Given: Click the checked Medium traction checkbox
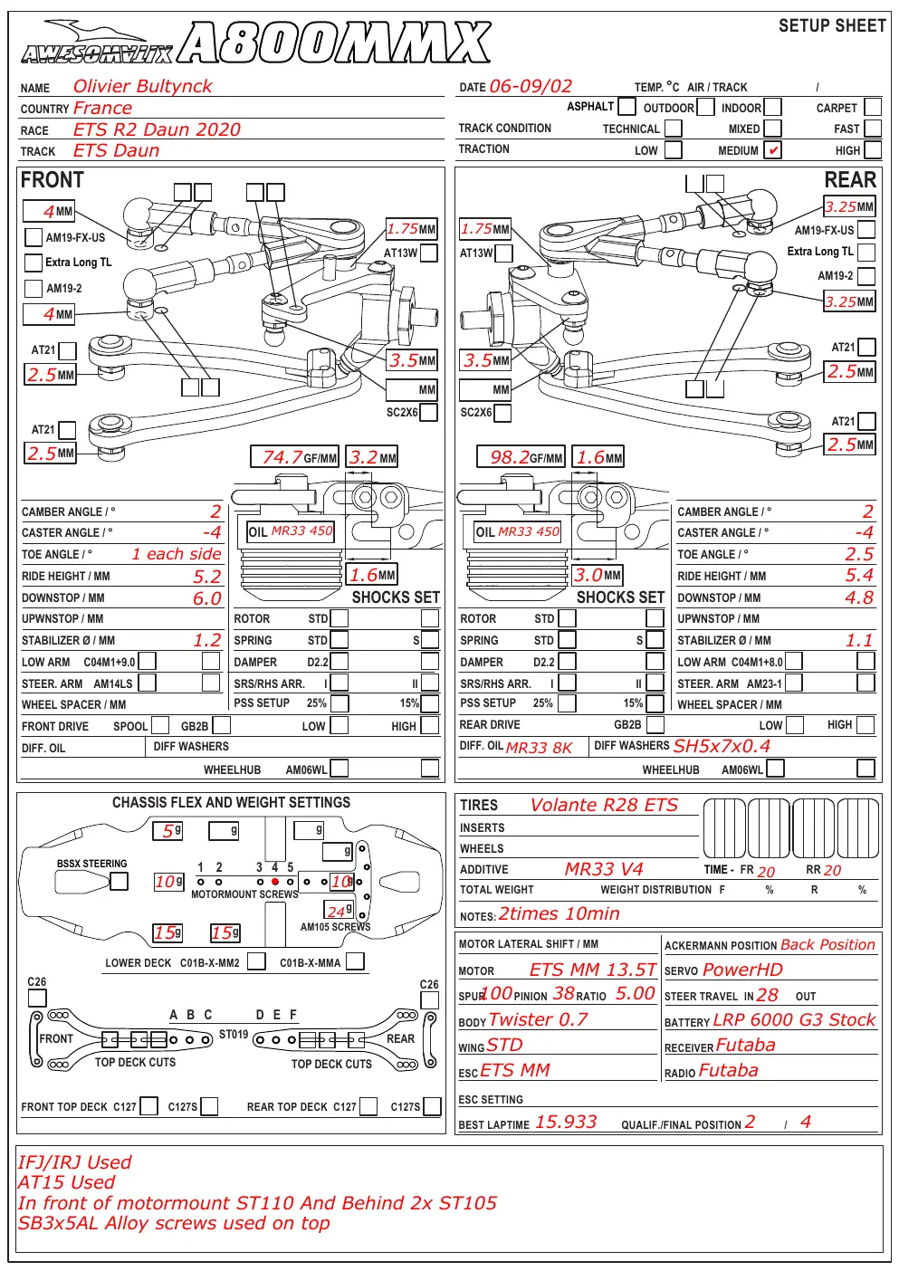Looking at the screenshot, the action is coord(772,149).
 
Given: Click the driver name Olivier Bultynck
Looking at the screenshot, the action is coord(142,86).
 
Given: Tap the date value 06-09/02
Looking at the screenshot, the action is coord(531,86).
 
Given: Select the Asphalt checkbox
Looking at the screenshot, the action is coord(626,106).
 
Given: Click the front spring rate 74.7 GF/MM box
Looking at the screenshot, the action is coord(294,457).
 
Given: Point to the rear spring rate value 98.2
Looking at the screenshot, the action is coord(510,457).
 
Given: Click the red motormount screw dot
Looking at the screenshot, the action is coord(274,882).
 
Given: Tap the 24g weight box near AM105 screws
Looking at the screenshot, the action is coord(339,911).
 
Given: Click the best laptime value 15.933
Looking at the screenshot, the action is coord(566,1122).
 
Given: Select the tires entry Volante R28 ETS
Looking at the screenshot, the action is coord(604,805).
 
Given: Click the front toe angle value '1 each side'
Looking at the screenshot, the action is coord(177,554).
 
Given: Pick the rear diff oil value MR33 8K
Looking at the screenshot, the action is coord(539,748).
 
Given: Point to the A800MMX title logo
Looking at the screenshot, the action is coord(335,43).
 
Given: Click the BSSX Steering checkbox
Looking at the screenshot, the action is coord(119,881).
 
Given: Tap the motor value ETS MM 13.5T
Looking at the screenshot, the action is coord(592,970).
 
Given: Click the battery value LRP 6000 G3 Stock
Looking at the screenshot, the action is coord(794,1019).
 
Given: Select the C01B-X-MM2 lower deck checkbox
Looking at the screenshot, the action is coord(256,961).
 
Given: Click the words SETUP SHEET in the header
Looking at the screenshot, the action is coord(832,25).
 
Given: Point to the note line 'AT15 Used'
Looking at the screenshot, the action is coord(66,1182).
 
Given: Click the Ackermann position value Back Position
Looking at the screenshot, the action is coord(827,945).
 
